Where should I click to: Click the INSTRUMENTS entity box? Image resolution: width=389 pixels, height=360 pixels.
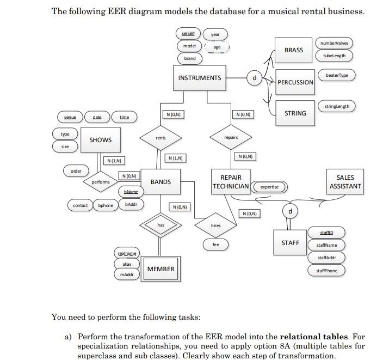[199, 78]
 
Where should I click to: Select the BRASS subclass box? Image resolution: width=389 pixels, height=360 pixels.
[294, 50]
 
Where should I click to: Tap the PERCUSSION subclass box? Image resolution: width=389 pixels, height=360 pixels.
[295, 82]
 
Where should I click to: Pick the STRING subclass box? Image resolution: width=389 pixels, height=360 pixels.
[295, 113]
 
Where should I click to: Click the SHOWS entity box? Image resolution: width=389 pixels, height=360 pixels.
[101, 140]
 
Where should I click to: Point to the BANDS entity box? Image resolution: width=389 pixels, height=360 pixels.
[160, 182]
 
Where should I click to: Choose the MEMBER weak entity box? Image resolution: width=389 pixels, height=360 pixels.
[160, 269]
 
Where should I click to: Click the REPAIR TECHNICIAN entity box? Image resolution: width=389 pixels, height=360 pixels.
[231, 182]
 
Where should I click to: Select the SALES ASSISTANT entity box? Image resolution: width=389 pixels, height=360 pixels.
[345, 182]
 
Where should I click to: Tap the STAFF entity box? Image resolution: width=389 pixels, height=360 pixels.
[290, 243]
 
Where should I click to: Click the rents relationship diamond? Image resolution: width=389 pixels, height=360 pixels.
[160, 138]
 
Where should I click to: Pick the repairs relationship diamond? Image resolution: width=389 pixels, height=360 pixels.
[231, 137]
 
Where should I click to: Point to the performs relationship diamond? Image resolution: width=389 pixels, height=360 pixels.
[101, 182]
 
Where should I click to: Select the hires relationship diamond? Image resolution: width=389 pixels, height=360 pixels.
[215, 225]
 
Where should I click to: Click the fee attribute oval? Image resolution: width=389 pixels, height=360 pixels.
[216, 245]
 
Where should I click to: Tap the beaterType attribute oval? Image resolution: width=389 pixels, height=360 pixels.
[337, 75]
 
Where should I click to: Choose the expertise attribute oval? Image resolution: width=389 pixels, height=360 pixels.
[269, 187]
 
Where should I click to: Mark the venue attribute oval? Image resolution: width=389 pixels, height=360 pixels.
[70, 117]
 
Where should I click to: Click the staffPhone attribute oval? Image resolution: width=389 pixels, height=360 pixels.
[327, 270]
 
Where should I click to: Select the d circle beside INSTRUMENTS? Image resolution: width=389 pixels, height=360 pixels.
[254, 78]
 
